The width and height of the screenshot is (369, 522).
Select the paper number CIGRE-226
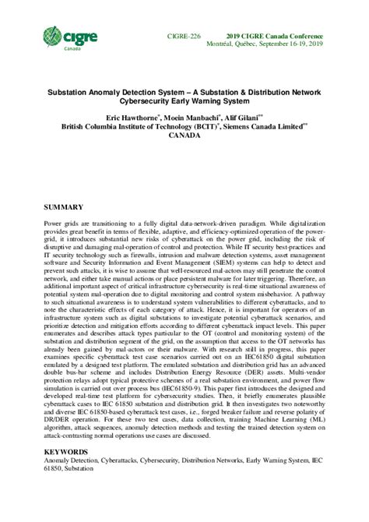tap(184, 37)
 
